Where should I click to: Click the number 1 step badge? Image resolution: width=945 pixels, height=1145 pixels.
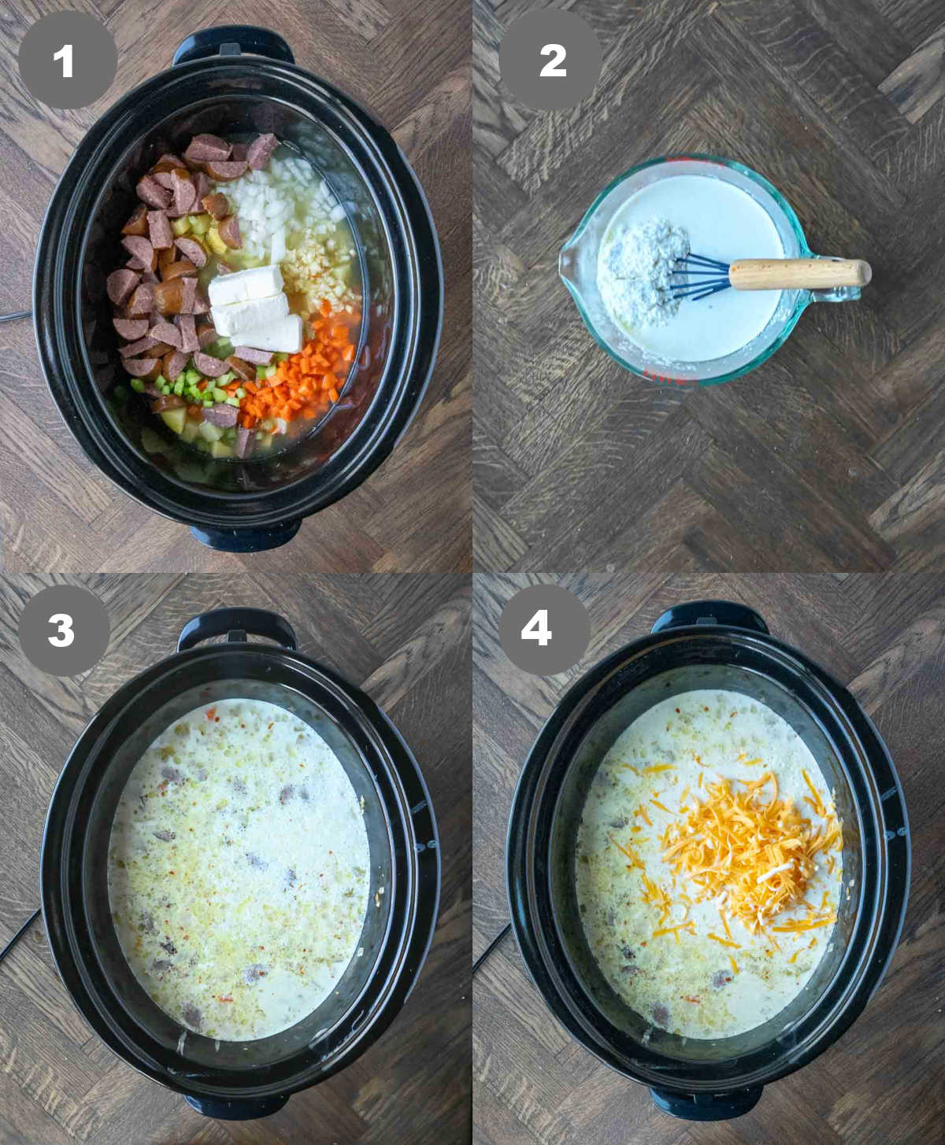point(67,61)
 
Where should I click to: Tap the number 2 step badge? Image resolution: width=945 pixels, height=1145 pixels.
point(550,61)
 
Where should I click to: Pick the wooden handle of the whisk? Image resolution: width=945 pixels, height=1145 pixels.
point(799,273)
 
